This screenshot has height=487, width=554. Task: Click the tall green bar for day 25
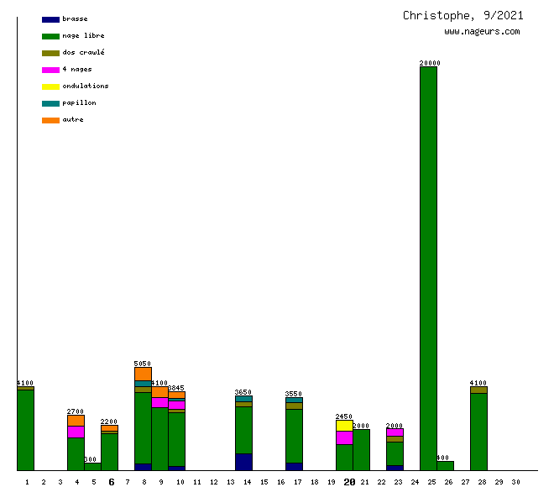tap(428, 269)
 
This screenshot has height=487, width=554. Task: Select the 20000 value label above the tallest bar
tap(430, 63)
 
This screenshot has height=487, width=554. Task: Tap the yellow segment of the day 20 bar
tap(344, 426)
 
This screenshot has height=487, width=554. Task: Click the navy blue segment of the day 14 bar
tap(243, 462)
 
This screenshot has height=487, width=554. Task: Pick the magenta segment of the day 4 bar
tap(76, 432)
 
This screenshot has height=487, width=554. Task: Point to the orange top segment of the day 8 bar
tap(143, 374)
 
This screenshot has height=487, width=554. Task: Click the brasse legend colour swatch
tap(50, 19)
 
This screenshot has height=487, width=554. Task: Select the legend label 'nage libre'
tap(83, 36)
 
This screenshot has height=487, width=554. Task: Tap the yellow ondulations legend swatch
tap(50, 86)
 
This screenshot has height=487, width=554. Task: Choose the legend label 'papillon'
tap(79, 103)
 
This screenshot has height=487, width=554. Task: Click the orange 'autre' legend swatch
tap(50, 120)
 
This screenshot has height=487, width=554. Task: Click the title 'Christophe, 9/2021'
tap(463, 16)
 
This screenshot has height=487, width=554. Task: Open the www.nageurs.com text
tap(482, 32)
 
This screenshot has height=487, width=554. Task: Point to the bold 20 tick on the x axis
tap(349, 482)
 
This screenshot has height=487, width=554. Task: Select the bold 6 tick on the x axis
tap(111, 482)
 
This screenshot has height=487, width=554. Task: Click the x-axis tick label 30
tap(515, 482)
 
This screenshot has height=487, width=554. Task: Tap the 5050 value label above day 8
tap(143, 364)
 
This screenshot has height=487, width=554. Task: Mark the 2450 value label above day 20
tap(344, 416)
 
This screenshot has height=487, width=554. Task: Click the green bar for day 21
tap(361, 449)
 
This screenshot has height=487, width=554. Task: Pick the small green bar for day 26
tap(445, 465)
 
